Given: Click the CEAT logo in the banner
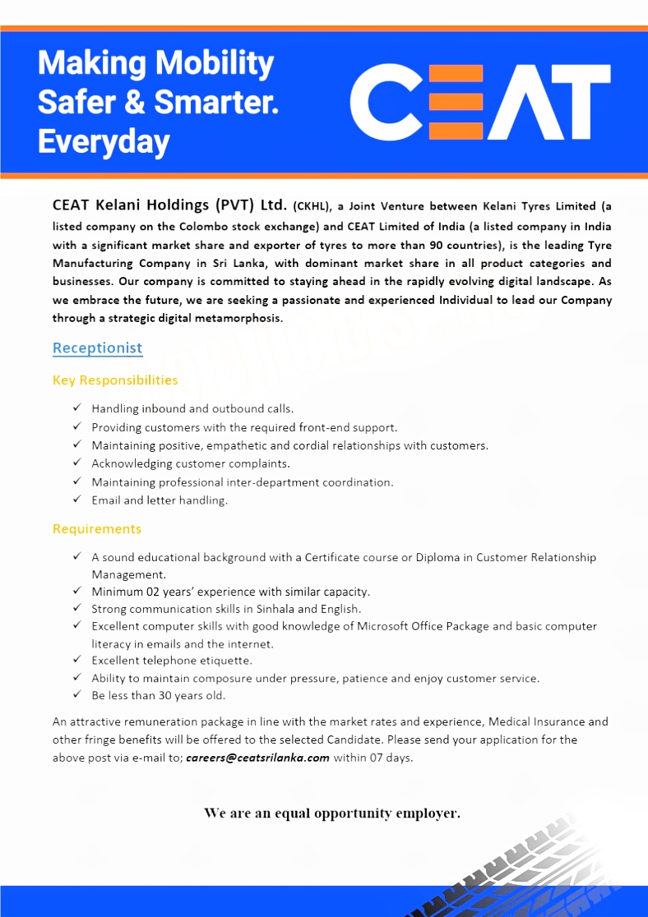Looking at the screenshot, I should point(480,102).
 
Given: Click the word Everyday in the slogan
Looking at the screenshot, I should point(104,142).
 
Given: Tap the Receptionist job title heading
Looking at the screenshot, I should point(97,348).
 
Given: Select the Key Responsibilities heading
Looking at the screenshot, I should point(115,380).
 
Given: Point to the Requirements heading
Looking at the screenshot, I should point(97,528).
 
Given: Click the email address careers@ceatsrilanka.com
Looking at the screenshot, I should point(257,758).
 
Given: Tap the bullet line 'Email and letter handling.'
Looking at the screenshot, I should point(160,500).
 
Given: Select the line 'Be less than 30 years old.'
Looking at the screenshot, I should point(158,695).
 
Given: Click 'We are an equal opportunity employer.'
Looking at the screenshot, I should point(332,813).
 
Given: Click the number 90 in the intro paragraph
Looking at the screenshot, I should point(437,245).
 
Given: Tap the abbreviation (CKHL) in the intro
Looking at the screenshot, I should point(312,206).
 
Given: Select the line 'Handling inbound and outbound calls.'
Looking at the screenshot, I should point(192,408).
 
